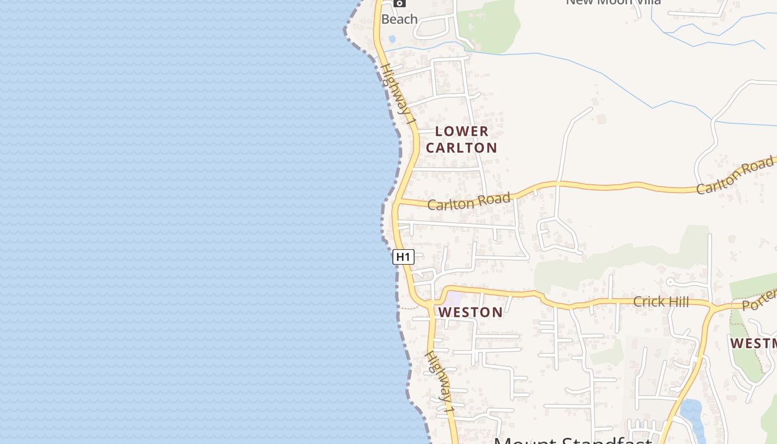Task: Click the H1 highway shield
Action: click(403, 257)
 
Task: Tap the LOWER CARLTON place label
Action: click(461, 139)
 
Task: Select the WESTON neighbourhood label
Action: click(471, 312)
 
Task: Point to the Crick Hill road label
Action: click(661, 302)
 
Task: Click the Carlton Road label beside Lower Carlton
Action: click(469, 201)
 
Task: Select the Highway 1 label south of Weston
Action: click(440, 382)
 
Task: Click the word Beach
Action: click(399, 19)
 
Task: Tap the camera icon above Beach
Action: click(399, 3)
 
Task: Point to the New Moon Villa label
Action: click(613, 2)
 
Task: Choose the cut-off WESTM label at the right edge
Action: click(754, 343)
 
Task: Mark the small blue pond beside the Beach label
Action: click(392, 39)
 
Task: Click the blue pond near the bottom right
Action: click(690, 413)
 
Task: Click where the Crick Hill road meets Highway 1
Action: click(430, 303)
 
